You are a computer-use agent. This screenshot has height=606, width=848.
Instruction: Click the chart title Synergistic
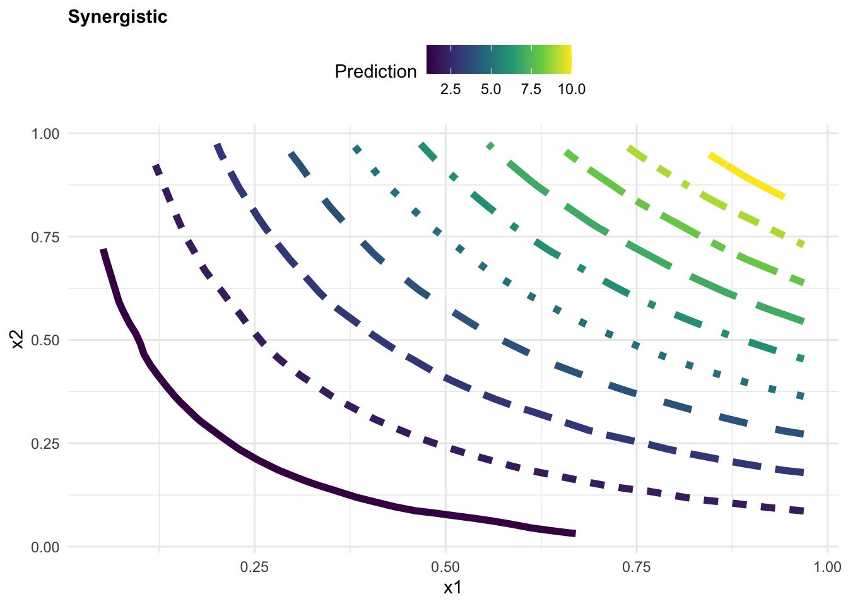click(117, 16)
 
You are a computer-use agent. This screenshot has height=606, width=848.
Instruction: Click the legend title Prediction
click(375, 71)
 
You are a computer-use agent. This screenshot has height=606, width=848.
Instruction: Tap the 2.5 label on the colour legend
click(450, 89)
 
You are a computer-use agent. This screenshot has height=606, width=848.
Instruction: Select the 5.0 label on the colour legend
click(491, 89)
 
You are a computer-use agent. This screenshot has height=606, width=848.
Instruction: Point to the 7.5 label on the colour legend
click(531, 89)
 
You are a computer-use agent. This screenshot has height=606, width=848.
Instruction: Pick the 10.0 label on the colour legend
click(571, 89)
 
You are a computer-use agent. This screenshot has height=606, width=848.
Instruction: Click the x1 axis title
click(452, 588)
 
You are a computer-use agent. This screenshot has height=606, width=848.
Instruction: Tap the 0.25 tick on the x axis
click(254, 566)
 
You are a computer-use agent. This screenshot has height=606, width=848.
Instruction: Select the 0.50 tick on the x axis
click(445, 566)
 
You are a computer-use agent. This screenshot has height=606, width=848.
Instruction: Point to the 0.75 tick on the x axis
click(637, 566)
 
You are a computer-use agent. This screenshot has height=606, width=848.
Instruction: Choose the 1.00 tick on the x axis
click(827, 566)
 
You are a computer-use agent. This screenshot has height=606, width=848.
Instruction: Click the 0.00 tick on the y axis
click(45, 547)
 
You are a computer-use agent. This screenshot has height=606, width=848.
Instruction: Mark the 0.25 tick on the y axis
click(45, 443)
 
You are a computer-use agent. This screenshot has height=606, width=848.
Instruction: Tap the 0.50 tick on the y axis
click(45, 340)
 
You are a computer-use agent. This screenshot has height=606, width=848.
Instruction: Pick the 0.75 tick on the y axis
click(45, 237)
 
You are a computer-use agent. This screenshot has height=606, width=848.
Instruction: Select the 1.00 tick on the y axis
click(45, 134)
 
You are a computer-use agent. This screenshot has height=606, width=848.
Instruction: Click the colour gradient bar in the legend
click(498, 59)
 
